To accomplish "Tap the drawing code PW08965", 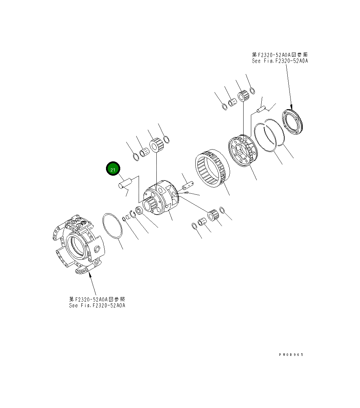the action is [291, 355].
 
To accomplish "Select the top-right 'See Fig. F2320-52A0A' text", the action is [280, 61].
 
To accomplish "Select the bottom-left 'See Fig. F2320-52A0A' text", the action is [97, 305].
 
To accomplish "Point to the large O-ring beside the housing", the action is [112, 226].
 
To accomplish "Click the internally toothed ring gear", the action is [212, 168].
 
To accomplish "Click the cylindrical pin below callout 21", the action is [125, 182].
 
